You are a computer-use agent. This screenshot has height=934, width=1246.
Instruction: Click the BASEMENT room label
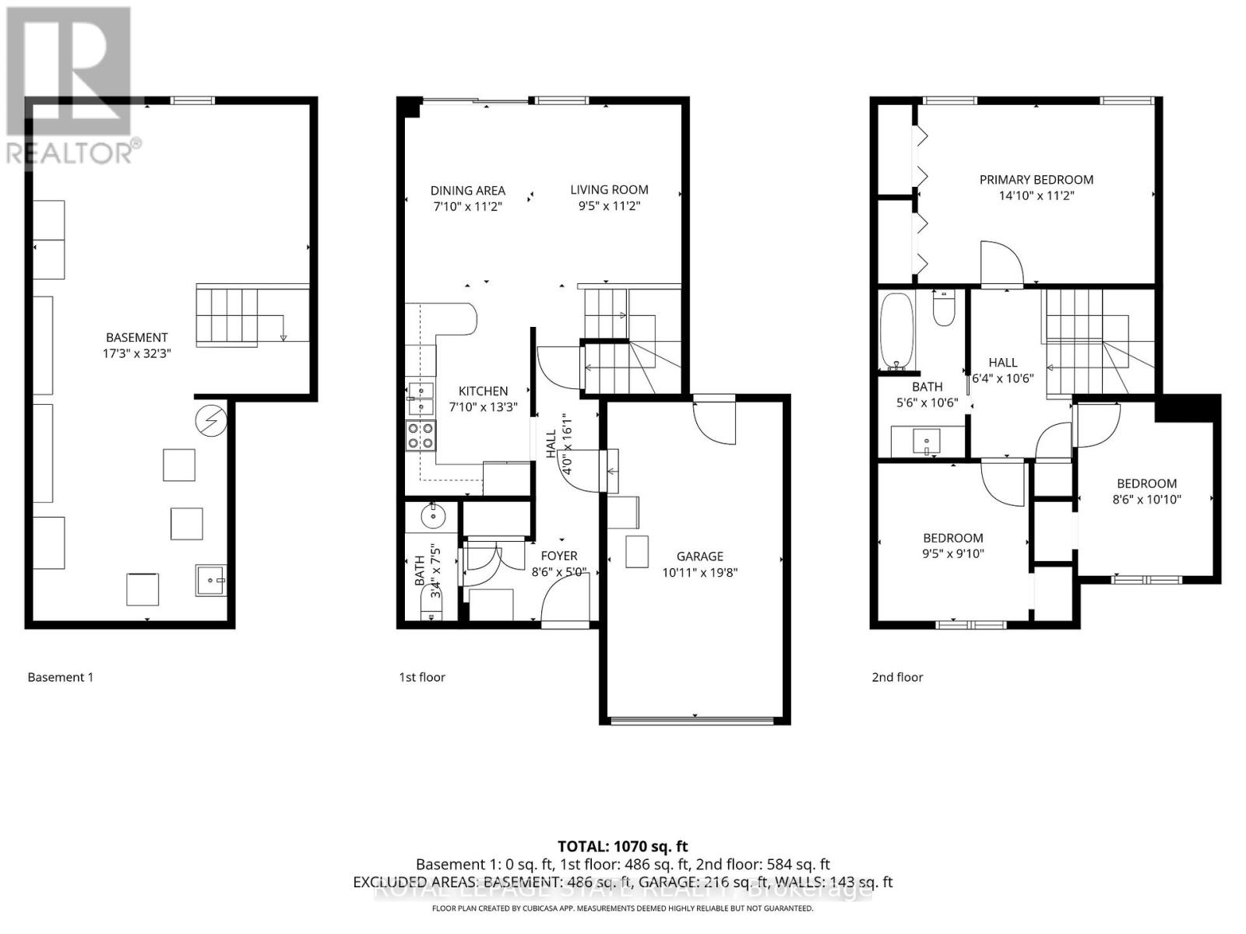click(137, 337)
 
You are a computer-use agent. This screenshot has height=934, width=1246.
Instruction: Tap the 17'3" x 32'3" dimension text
click(137, 353)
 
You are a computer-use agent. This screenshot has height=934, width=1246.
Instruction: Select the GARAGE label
click(699, 556)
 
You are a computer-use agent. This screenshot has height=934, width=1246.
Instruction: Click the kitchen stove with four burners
click(421, 435)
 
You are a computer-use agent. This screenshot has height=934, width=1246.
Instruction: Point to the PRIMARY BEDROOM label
click(1036, 179)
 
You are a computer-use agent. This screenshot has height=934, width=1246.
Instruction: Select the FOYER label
click(559, 556)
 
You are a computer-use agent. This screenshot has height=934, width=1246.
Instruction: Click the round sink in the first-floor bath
click(431, 514)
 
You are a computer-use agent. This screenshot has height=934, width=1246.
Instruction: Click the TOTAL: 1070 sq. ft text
click(622, 846)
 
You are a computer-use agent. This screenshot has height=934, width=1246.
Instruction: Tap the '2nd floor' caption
click(897, 677)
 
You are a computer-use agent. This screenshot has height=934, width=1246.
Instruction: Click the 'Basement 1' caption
click(60, 677)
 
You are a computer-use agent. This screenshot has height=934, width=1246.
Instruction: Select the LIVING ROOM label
click(609, 189)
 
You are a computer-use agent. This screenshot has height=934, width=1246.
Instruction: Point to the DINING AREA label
click(467, 190)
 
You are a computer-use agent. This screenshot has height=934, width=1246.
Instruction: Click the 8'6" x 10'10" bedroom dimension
click(1146, 500)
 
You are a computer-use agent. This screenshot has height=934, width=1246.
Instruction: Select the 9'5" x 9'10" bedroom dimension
click(952, 554)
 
